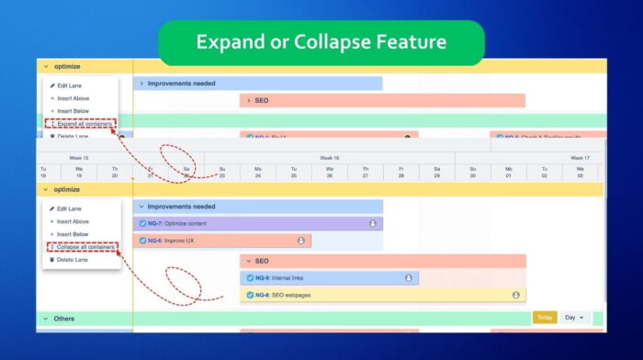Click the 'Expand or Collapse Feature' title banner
[x=321, y=42]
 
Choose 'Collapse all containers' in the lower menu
[x=85, y=247]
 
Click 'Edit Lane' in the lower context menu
[x=69, y=209]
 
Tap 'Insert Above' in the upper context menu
[x=73, y=98]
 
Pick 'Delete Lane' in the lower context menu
[x=72, y=260]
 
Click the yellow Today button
[x=545, y=318]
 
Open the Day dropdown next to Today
[x=574, y=318]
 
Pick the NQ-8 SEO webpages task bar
[x=377, y=295]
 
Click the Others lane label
[x=64, y=319]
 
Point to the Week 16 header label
[x=330, y=158]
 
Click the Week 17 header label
[x=580, y=158]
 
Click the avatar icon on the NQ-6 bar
[x=301, y=241]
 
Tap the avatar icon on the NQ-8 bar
[x=515, y=295]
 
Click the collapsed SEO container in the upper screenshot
[x=381, y=100]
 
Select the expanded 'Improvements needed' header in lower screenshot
[x=257, y=207]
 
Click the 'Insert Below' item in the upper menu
[x=73, y=110]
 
